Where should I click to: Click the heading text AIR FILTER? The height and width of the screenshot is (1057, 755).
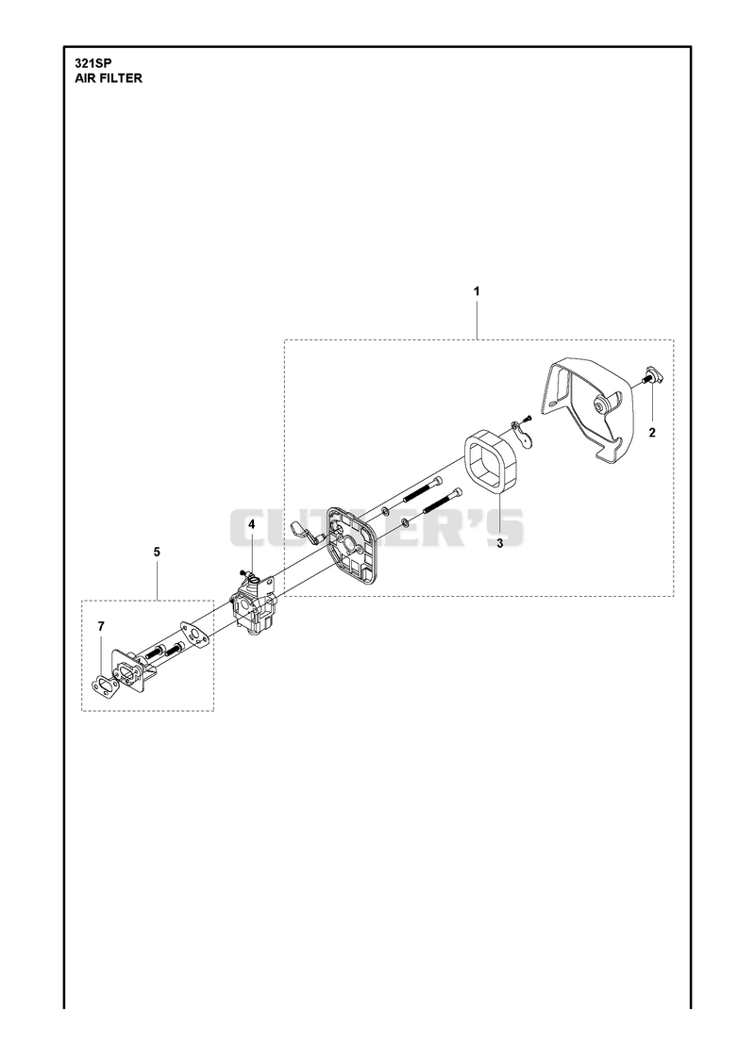point(108,78)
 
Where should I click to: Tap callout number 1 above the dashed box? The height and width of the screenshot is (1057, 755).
point(477,292)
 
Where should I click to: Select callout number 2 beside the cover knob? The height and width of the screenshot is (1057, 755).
point(652,433)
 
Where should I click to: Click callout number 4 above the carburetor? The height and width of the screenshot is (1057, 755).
point(252,523)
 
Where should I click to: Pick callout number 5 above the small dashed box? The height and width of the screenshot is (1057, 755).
point(157,553)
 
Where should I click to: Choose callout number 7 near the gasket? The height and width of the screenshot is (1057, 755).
point(101,627)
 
